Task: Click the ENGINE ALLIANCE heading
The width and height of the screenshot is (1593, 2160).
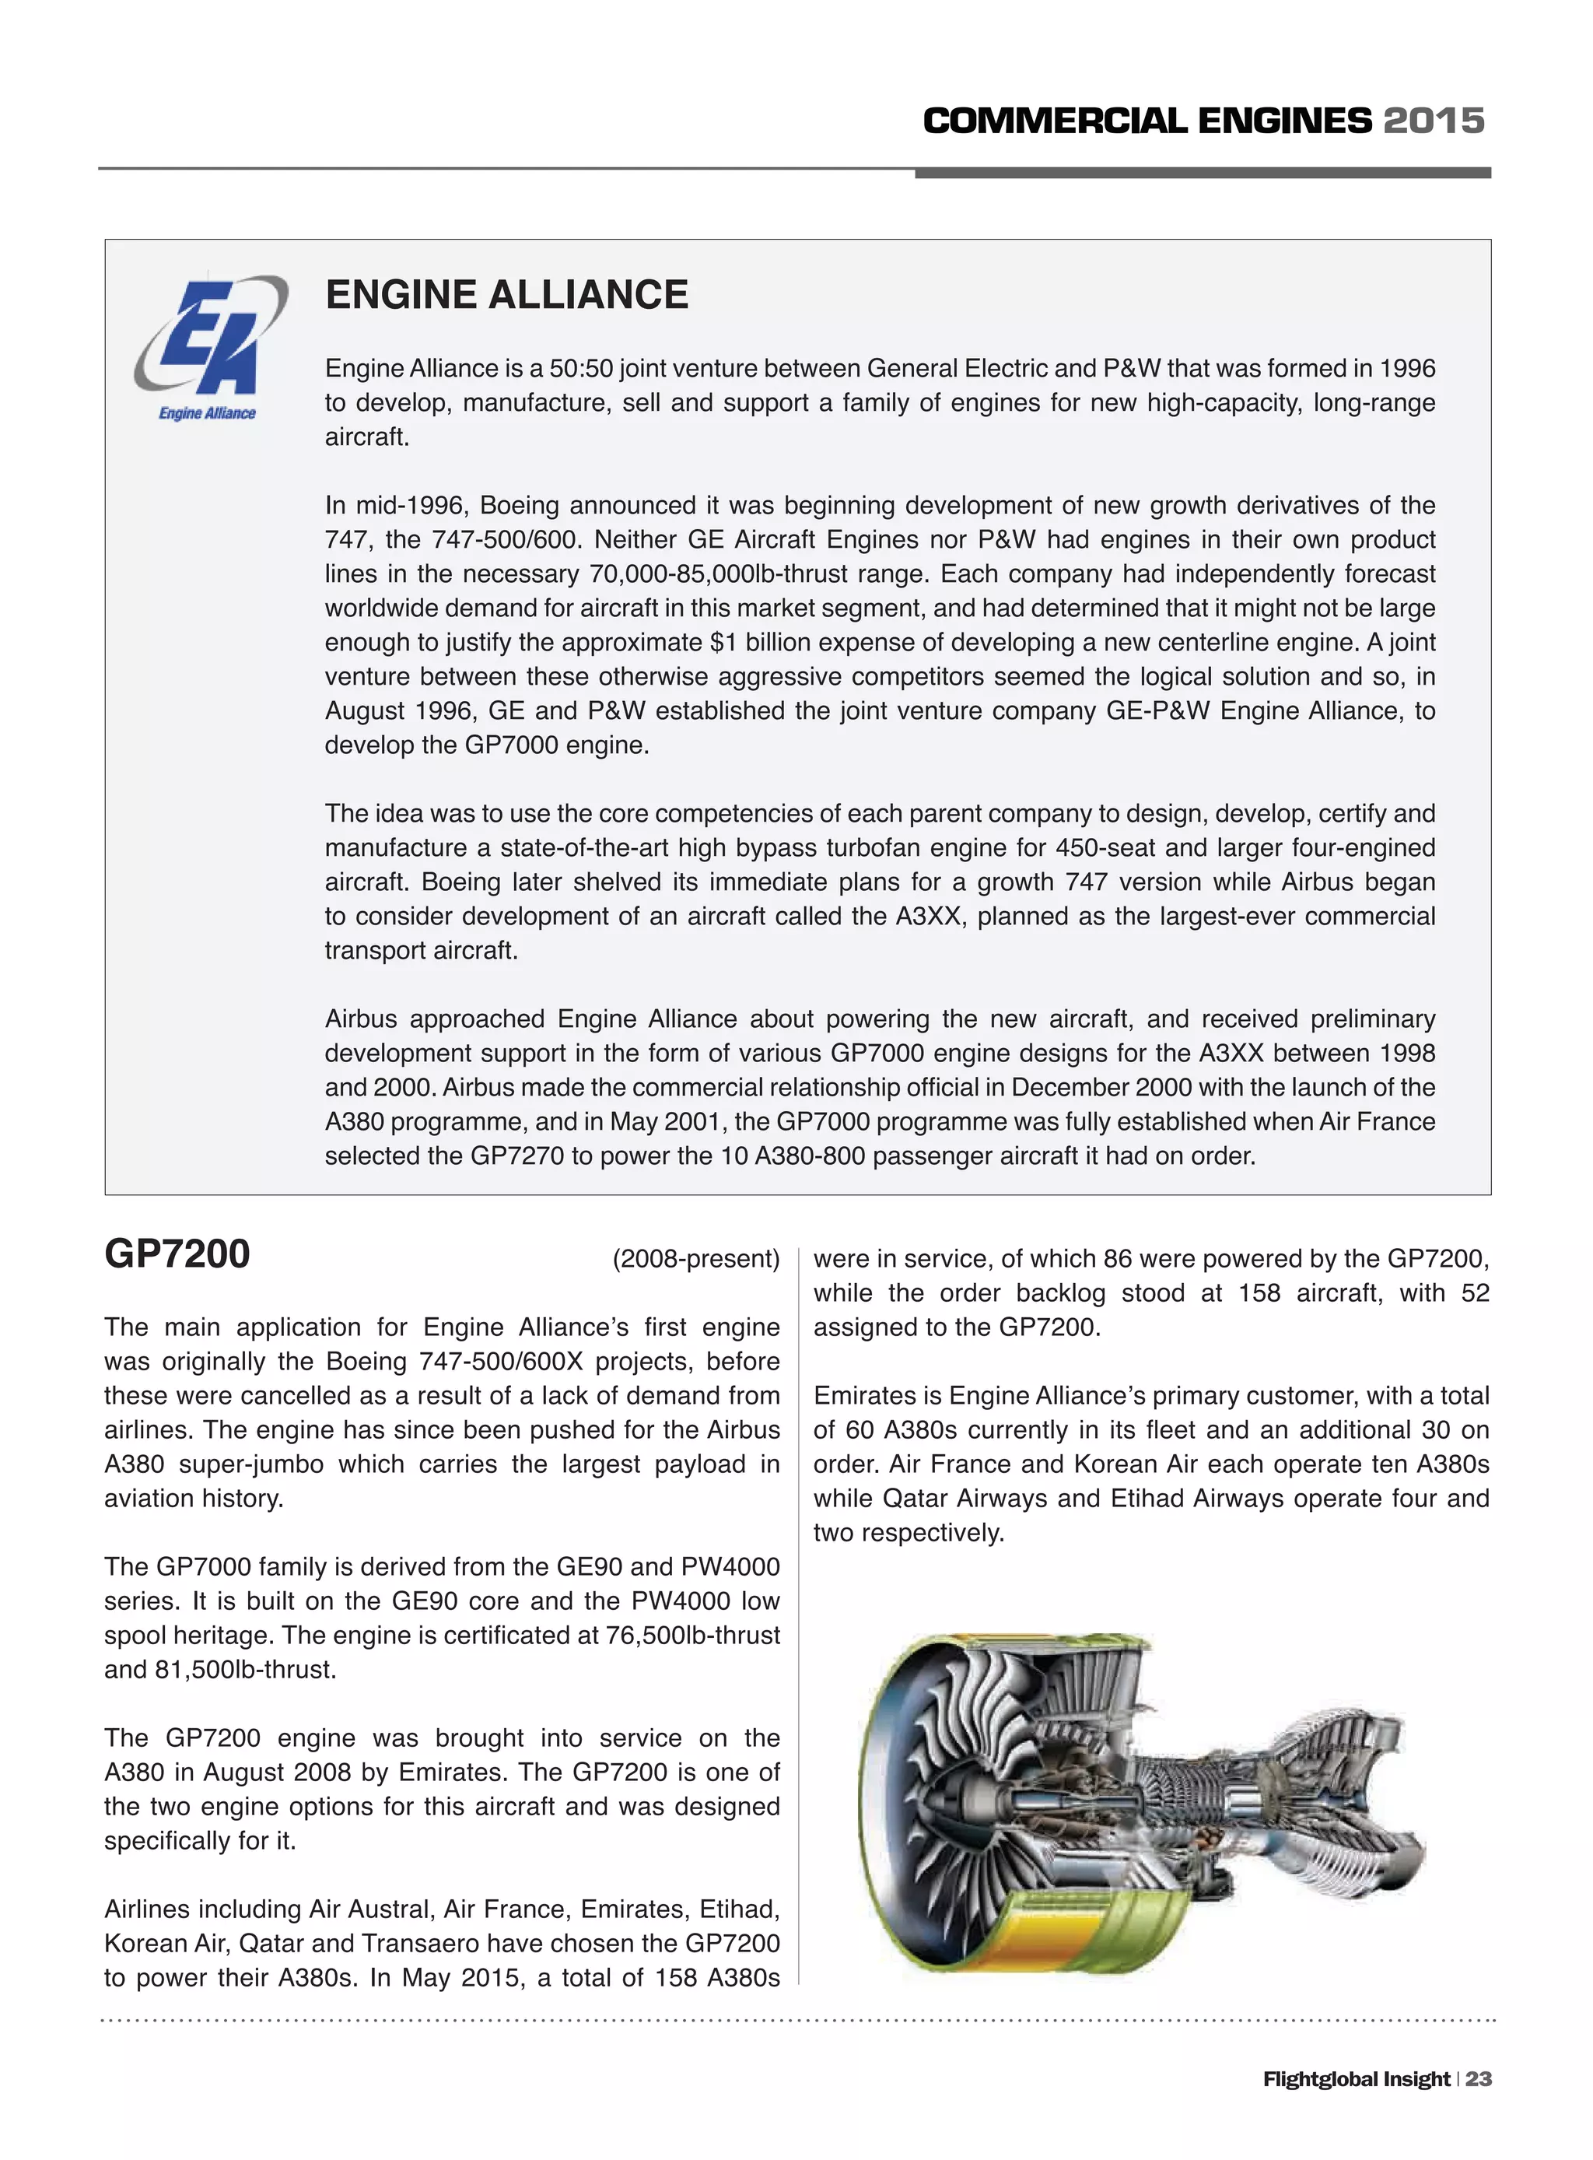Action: (x=506, y=295)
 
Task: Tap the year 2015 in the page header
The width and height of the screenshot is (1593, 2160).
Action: (x=1434, y=121)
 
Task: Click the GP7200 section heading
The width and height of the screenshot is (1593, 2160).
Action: (x=177, y=1254)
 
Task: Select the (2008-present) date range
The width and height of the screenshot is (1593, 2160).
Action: (x=695, y=1259)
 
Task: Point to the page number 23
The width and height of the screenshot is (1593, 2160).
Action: (x=1478, y=2078)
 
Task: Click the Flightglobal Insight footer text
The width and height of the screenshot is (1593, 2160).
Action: (x=1356, y=2078)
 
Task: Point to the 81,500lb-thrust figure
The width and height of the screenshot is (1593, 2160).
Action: (x=245, y=1669)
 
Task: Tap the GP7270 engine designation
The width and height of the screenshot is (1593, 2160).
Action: (x=516, y=1155)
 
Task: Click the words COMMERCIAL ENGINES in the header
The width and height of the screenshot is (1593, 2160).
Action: (x=1147, y=121)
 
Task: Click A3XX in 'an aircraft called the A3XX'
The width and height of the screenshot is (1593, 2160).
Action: (x=929, y=917)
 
